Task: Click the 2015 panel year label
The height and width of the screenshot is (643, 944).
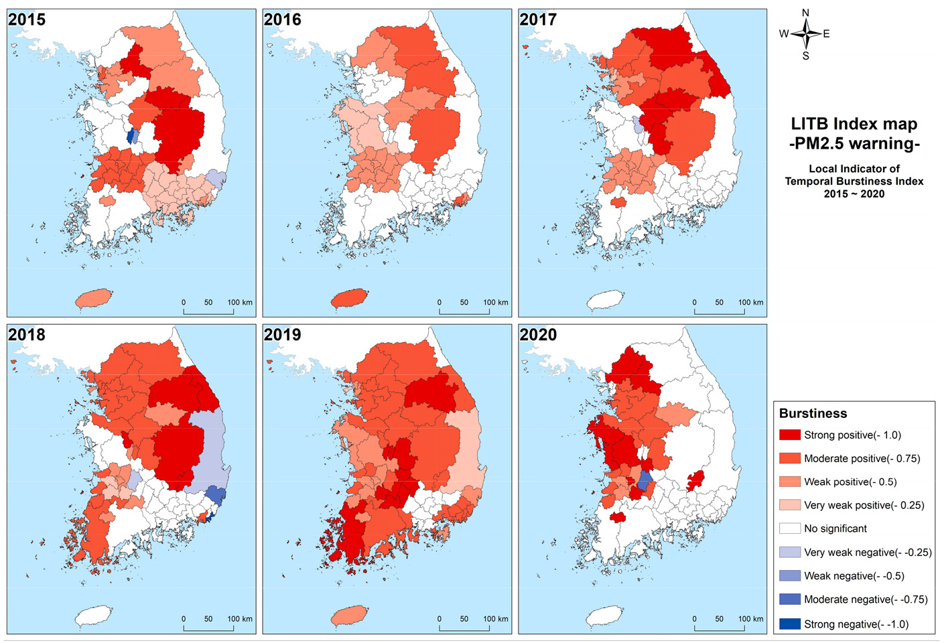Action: pyautogui.click(x=27, y=19)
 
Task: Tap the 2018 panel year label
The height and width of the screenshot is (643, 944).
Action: pyautogui.click(x=27, y=335)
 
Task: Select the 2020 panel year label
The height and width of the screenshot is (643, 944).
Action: pyautogui.click(x=538, y=335)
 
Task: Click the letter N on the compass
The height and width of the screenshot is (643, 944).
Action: pyautogui.click(x=805, y=13)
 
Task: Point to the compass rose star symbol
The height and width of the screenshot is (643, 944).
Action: pyautogui.click(x=806, y=33)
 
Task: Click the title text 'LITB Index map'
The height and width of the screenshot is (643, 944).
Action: pyautogui.click(x=854, y=124)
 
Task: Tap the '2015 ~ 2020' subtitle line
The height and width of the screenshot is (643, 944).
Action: pyautogui.click(x=854, y=194)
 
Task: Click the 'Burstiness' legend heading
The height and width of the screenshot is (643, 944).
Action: pyautogui.click(x=813, y=413)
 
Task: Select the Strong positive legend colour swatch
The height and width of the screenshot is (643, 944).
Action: pyautogui.click(x=790, y=435)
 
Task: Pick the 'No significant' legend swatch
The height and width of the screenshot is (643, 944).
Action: pyautogui.click(x=790, y=528)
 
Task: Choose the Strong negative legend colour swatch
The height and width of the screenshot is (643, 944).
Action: pyautogui.click(x=790, y=624)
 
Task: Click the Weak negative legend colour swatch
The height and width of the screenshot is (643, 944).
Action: pyautogui.click(x=790, y=576)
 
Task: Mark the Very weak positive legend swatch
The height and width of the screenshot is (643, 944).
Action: pyautogui.click(x=790, y=505)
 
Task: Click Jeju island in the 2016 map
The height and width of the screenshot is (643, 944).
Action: pyautogui.click(x=349, y=298)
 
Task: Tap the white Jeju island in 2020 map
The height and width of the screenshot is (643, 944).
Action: pyautogui.click(x=605, y=615)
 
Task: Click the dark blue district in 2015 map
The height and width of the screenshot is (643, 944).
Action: pyautogui.click(x=130, y=137)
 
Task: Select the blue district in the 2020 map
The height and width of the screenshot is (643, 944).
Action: pyautogui.click(x=645, y=481)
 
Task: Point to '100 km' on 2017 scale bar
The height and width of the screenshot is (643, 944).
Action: pyautogui.click(x=750, y=303)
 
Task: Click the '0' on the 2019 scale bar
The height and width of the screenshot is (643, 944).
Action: pyautogui.click(x=440, y=619)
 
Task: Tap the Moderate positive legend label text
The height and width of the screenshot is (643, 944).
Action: pyautogui.click(x=862, y=459)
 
